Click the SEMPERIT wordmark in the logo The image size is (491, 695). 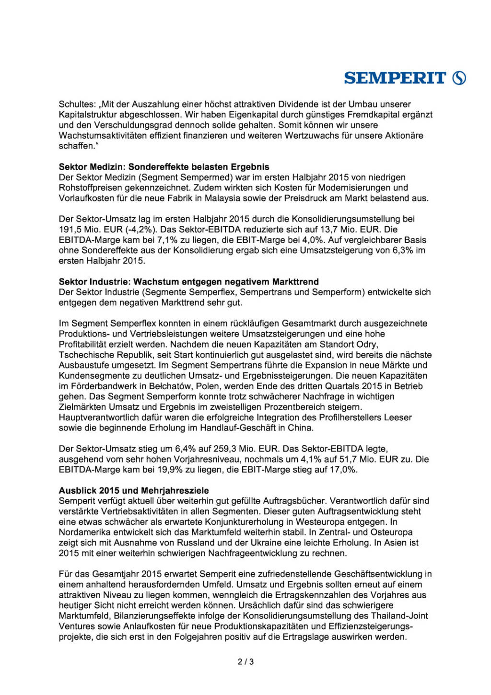click(395, 78)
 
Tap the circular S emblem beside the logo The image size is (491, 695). click(459, 78)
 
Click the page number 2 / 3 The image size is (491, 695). click(245, 662)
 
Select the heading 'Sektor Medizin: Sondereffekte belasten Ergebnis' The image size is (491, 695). click(164, 167)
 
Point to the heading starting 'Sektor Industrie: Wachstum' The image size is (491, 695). click(188, 282)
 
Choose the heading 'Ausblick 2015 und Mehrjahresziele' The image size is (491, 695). click(134, 490)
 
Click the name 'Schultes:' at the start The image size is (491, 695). click(77, 104)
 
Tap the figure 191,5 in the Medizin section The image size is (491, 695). click(70, 230)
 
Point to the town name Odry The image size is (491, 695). click(367, 344)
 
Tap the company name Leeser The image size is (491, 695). click(398, 417)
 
